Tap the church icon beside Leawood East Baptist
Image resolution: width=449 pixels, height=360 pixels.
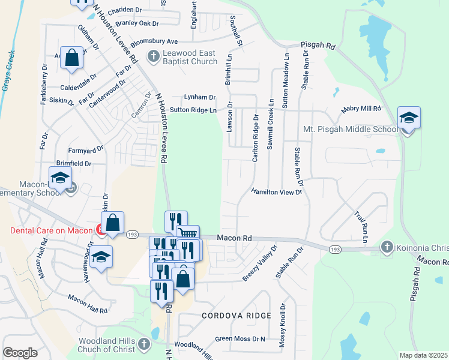[153, 57]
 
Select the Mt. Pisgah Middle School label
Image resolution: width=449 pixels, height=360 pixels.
[351, 129]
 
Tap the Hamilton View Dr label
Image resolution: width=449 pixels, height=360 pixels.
[276, 192]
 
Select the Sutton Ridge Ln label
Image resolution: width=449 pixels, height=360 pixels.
[193, 110]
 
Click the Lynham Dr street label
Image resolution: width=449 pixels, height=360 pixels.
[199, 97]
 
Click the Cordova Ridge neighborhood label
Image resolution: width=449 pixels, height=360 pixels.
[237, 315]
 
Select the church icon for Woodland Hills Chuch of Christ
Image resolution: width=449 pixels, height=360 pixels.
[143, 344]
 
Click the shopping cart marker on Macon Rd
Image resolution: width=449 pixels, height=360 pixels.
[187, 235]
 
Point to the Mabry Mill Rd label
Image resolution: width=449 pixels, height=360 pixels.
[361, 109]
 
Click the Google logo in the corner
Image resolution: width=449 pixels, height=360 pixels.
[20, 353]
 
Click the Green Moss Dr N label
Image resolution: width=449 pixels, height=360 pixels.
[240, 339]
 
